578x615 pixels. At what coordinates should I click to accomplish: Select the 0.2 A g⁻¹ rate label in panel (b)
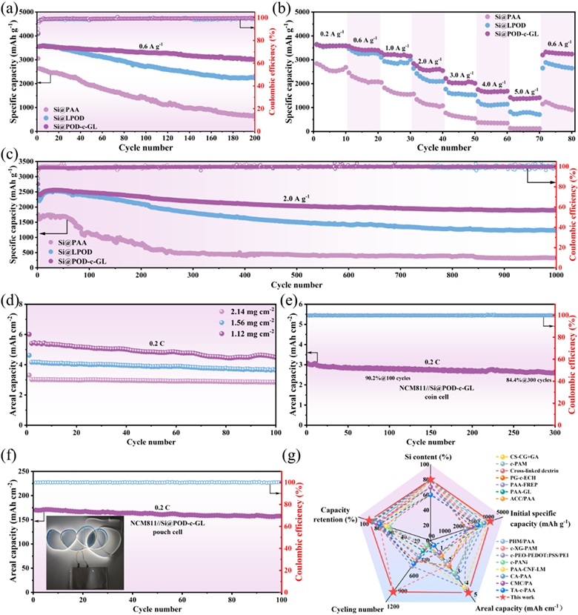coord(331,33)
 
